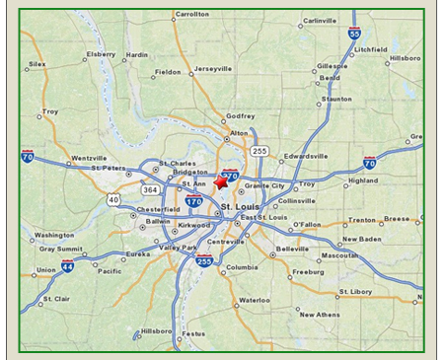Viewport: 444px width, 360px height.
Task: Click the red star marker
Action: pyautogui.click(x=221, y=181)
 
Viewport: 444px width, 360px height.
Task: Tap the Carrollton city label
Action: pyautogui.click(x=190, y=15)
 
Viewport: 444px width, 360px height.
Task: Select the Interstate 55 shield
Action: pyautogui.click(x=354, y=34)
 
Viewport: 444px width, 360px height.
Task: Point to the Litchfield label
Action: pyautogui.click(x=371, y=47)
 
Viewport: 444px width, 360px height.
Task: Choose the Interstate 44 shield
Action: pyautogui.click(x=67, y=266)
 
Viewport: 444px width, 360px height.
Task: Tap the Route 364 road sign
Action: pyautogui.click(x=149, y=188)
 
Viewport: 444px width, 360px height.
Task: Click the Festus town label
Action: pyautogui.click(x=193, y=333)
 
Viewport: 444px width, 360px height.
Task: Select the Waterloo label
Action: pyautogui.click(x=255, y=299)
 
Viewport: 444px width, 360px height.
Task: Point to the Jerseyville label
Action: pyautogui.click(x=212, y=69)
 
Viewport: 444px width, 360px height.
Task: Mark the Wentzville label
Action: pyautogui.click(x=89, y=158)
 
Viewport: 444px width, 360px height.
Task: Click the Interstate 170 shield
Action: pyautogui.click(x=193, y=201)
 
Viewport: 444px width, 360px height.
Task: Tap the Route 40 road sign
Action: pyautogui.click(x=113, y=199)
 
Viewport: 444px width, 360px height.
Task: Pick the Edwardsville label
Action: pyautogui.click(x=305, y=156)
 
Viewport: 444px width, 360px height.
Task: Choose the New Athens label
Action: pyautogui.click(x=320, y=315)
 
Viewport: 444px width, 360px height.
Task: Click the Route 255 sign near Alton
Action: pyautogui.click(x=259, y=151)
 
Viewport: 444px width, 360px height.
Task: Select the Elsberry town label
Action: pyautogui.click(x=101, y=54)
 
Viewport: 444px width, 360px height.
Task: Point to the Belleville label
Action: pyautogui.click(x=293, y=249)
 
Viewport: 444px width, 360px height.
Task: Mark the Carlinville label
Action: pyautogui.click(x=319, y=21)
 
